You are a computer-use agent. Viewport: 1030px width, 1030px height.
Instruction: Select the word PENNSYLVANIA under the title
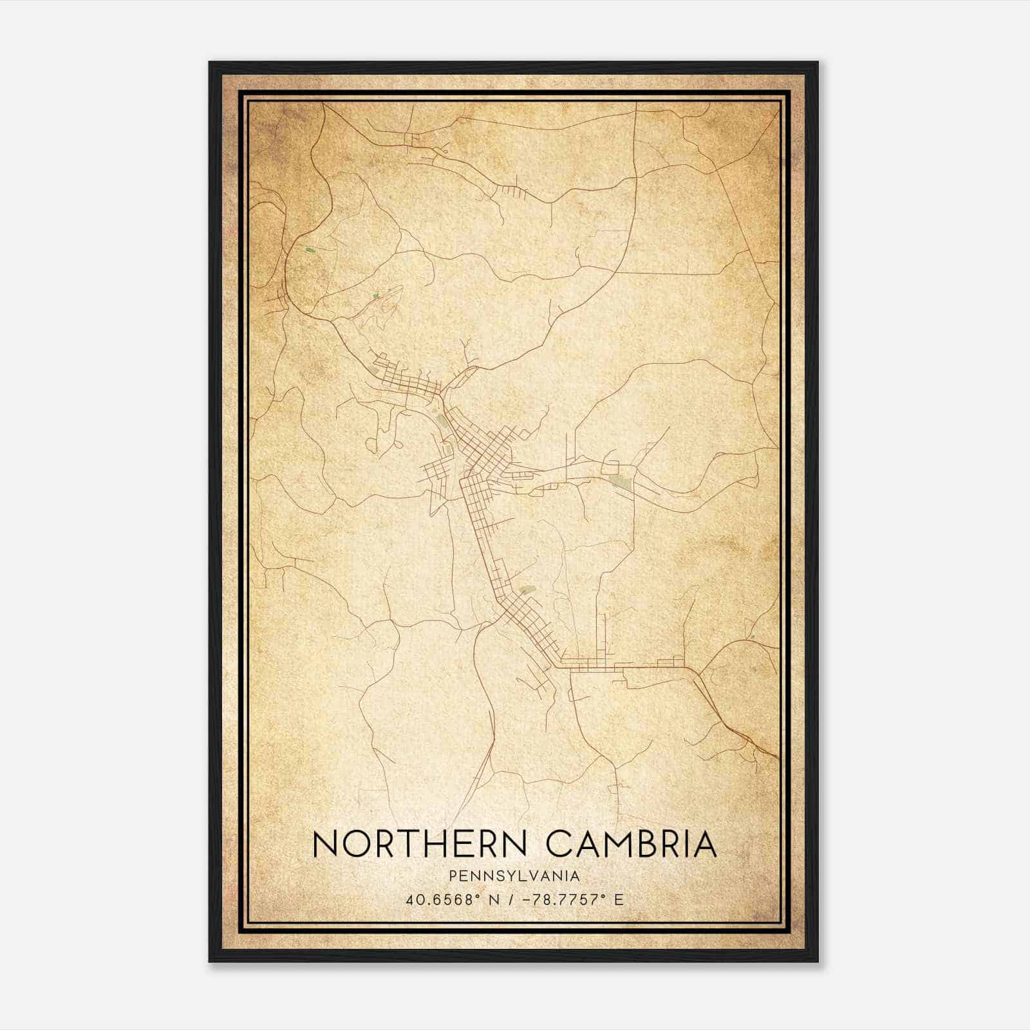(x=514, y=876)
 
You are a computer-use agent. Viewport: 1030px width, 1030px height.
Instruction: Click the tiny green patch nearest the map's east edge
(x=751, y=637)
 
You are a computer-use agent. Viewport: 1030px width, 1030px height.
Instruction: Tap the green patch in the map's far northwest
(x=310, y=250)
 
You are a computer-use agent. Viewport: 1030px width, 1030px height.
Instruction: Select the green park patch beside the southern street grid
(x=527, y=588)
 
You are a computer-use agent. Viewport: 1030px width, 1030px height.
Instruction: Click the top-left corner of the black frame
(x=210, y=62)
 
